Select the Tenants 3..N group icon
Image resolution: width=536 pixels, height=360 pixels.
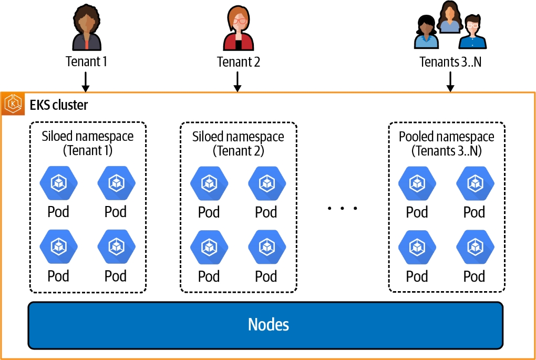450,27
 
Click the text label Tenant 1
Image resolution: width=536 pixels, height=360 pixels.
87,61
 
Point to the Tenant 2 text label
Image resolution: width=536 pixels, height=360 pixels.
239,62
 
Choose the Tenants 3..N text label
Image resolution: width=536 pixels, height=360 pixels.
450,62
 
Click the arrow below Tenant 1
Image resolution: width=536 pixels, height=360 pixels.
87,81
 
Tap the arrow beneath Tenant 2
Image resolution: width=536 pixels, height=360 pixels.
238,81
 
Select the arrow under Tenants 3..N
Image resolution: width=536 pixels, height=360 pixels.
450,81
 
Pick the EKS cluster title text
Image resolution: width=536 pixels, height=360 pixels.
59,105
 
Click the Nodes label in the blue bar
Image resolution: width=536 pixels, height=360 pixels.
268,324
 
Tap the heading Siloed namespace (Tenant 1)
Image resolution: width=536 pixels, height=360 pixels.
88,143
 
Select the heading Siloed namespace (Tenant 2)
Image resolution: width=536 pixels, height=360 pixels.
238,143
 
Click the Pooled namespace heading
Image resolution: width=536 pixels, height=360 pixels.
447,143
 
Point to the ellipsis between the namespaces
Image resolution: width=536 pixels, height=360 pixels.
342,209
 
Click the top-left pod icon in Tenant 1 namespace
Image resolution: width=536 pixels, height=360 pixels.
58,182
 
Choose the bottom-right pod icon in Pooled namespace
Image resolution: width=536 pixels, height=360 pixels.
475,246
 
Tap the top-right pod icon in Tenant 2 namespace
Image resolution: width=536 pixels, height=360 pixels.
266,182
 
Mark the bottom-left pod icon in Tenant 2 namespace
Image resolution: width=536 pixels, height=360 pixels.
209,246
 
